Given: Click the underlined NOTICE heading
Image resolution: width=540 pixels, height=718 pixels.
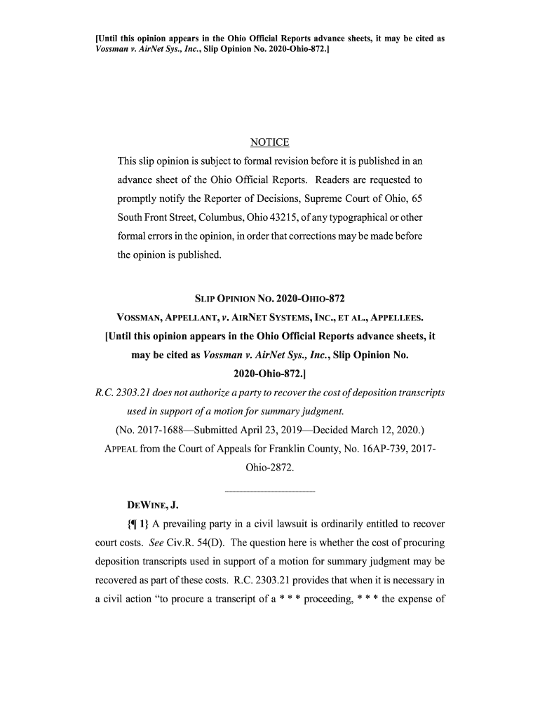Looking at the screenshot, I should [269, 143].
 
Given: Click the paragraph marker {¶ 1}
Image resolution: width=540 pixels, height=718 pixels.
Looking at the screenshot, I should [137, 524].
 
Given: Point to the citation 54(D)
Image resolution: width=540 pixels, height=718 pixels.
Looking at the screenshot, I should [209, 543].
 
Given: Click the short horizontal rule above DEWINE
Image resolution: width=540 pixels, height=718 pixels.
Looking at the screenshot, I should [269, 489].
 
